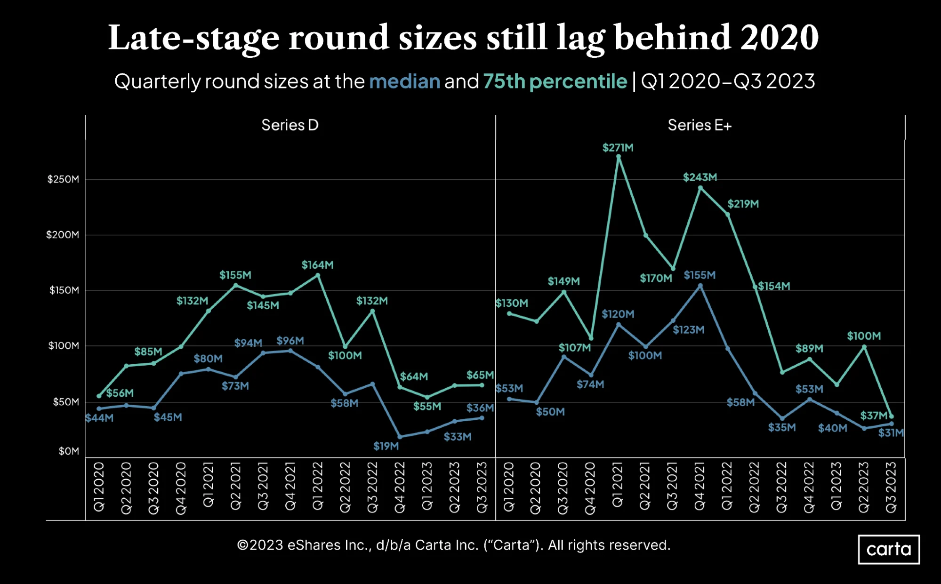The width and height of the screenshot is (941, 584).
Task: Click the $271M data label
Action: tap(618, 148)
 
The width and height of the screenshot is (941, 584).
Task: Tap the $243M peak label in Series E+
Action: tap(700, 177)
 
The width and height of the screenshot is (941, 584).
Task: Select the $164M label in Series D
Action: tap(317, 265)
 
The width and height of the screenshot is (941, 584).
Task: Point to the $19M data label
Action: tap(386, 446)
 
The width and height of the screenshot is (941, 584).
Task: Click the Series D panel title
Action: tap(290, 125)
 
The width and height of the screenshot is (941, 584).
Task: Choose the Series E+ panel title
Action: tap(700, 125)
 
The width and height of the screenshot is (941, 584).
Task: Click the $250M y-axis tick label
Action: tap(63, 179)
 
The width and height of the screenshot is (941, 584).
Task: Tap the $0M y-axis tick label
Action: tap(69, 451)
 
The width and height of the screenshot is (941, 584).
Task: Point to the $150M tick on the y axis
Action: tap(64, 290)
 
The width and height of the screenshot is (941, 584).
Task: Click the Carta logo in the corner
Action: tap(888, 549)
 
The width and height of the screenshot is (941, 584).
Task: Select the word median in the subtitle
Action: tap(404, 81)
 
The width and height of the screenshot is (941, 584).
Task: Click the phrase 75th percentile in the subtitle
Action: tap(555, 82)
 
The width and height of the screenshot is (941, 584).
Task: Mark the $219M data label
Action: tap(743, 204)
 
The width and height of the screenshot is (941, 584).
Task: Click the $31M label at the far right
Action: tap(891, 433)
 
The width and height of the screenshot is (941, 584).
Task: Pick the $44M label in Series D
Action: tap(99, 418)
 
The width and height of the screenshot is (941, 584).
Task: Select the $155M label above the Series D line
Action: tap(235, 275)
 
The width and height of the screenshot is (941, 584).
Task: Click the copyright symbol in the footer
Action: tap(242, 545)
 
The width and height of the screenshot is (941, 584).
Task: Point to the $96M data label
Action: tap(290, 341)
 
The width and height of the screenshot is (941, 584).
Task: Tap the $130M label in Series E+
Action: tap(512, 303)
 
